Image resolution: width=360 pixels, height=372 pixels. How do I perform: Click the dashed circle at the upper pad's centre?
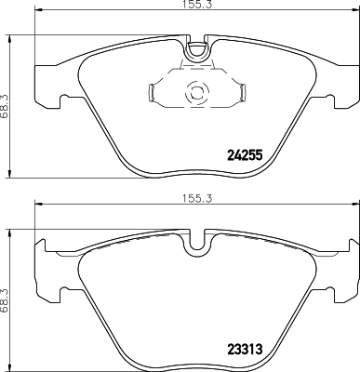[x=196, y=93]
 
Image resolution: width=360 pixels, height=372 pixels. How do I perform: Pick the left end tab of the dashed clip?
[x=153, y=92]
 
